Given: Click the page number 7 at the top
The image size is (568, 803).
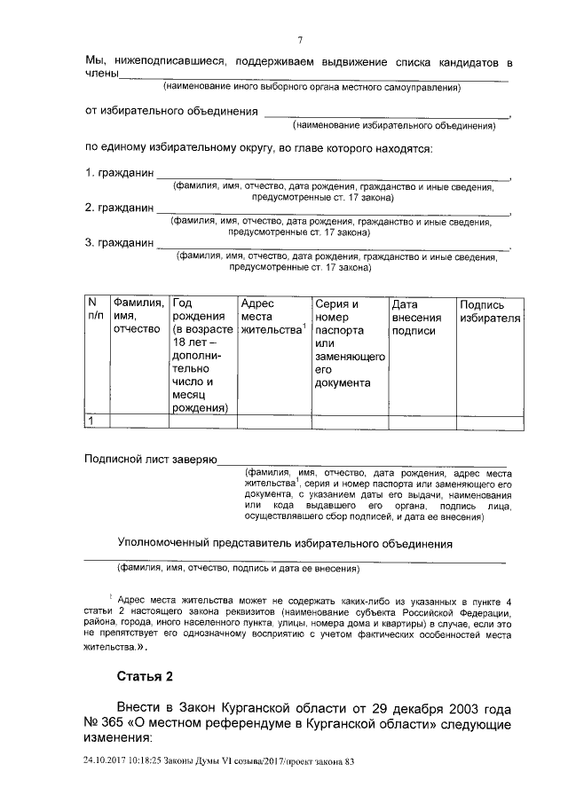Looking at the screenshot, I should [x=301, y=40].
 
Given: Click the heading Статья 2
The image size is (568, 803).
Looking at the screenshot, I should [x=146, y=677].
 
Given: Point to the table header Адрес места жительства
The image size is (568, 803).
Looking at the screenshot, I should [x=272, y=317].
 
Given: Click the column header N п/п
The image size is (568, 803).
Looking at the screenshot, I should [x=95, y=309].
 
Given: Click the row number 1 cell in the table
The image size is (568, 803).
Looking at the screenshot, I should [x=90, y=421].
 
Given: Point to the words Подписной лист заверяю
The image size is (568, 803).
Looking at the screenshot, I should [x=150, y=461].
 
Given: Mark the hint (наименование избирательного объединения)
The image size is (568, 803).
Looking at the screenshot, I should [x=394, y=126].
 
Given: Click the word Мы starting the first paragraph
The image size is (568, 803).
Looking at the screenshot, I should [x=94, y=61].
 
